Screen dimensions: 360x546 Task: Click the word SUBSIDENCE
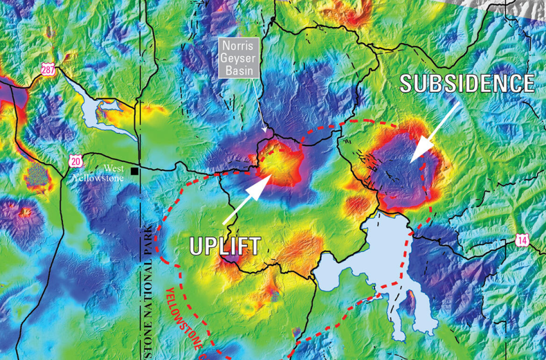tap(467, 83)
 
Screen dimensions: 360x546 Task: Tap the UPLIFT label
tap(225, 246)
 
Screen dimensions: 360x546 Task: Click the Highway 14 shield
tap(522, 240)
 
